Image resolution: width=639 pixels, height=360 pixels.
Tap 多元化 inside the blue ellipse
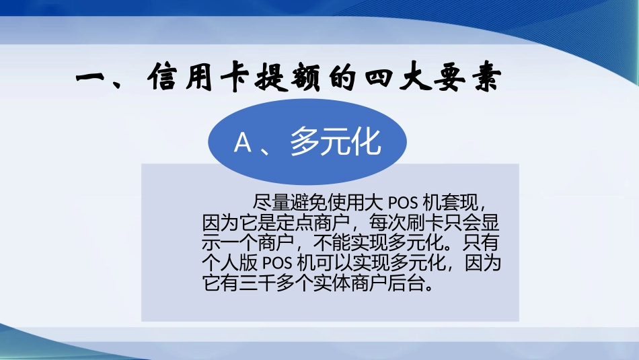pyautogui.click(x=336, y=143)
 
